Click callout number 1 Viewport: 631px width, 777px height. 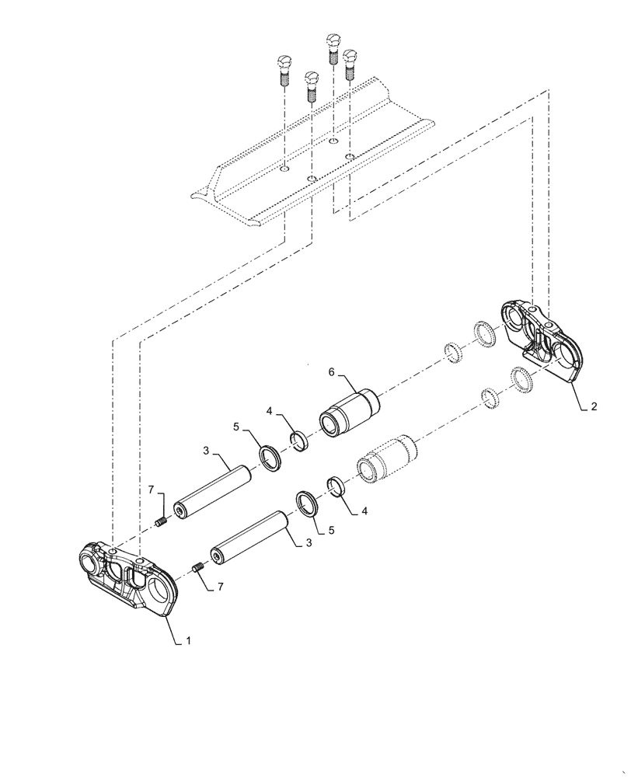(x=188, y=642)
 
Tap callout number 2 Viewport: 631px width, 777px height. (x=594, y=406)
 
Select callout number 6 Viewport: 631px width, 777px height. (x=331, y=373)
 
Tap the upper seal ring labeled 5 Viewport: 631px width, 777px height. (x=270, y=458)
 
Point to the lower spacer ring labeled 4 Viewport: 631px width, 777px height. (x=338, y=487)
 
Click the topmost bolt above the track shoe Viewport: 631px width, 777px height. (x=333, y=47)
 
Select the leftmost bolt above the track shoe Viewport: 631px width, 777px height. (x=284, y=71)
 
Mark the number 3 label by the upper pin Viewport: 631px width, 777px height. (x=206, y=451)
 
